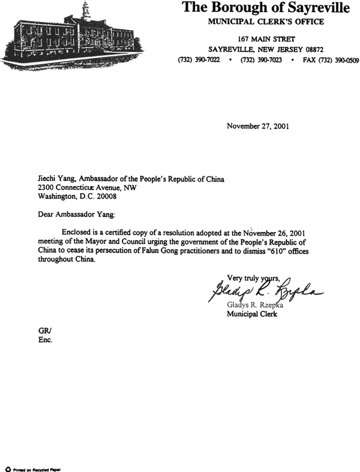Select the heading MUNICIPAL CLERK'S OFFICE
click(x=266, y=22)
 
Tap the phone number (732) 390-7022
click(x=199, y=61)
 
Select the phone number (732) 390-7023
click(x=260, y=61)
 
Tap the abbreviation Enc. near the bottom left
click(x=45, y=339)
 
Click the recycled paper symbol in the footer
click(x=8, y=466)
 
